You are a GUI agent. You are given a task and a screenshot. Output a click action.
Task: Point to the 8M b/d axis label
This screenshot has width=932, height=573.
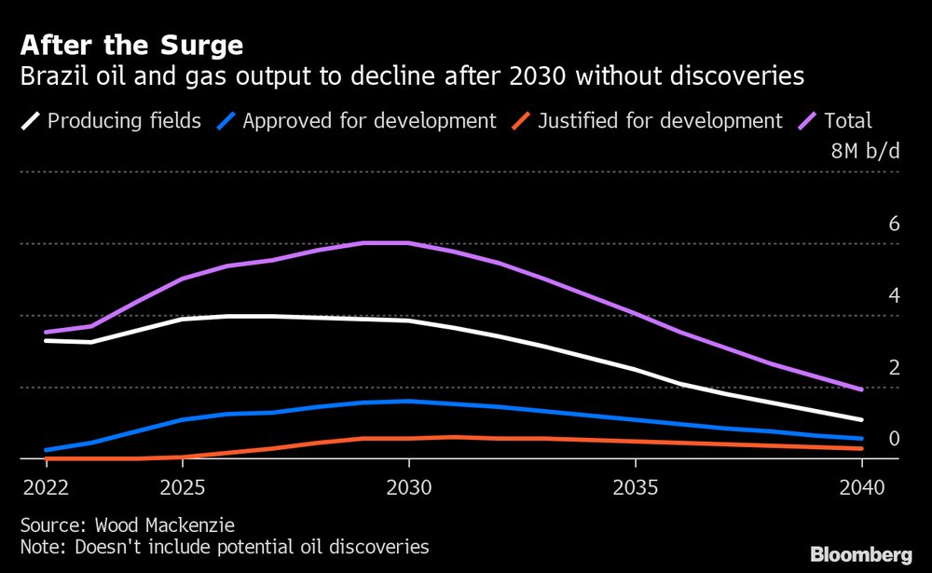click(x=866, y=151)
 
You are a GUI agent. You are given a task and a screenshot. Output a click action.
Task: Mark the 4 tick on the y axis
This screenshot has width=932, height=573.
click(x=894, y=295)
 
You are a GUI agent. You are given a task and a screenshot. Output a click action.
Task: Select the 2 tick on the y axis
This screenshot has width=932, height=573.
click(x=894, y=367)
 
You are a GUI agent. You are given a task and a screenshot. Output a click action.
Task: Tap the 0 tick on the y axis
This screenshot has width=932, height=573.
click(x=894, y=438)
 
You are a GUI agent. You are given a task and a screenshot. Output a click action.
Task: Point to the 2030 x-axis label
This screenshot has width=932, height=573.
click(x=408, y=488)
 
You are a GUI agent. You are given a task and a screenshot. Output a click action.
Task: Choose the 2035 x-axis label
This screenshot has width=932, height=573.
click(x=635, y=488)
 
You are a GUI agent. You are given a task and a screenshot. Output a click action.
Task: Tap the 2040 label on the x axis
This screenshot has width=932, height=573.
click(x=861, y=488)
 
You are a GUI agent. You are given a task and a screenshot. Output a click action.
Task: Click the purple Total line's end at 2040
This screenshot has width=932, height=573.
click(x=861, y=389)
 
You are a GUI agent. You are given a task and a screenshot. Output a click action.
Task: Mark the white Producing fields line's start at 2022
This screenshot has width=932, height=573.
click(x=46, y=340)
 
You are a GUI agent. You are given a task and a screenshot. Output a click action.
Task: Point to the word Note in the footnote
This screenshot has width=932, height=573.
click(x=41, y=546)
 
